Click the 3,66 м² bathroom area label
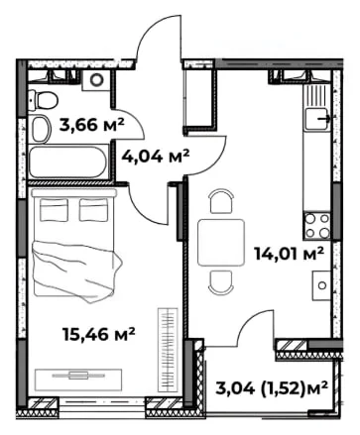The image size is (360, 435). coord(91,125)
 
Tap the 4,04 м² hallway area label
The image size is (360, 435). coord(156,156)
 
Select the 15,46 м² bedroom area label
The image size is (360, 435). coord(99,334)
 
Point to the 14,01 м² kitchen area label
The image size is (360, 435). coord(289,254)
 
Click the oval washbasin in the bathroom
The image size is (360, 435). coord(41,129)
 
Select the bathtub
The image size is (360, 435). coord(68,163)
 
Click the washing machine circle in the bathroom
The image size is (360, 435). coord(97,79)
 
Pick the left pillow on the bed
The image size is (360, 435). coord(55,210)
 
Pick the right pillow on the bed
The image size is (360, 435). coord(94,210)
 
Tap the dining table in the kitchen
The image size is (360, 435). coord(221,243)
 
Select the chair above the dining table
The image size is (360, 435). coord(221,201)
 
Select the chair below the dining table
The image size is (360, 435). coord(221,283)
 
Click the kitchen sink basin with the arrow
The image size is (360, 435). coord(316,119)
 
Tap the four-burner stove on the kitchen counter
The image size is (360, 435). coord(317,226)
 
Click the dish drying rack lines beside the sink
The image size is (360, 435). coord(315,94)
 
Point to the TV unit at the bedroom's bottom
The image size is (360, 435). coord(78,380)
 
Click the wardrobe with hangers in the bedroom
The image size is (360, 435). coord(168,350)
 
